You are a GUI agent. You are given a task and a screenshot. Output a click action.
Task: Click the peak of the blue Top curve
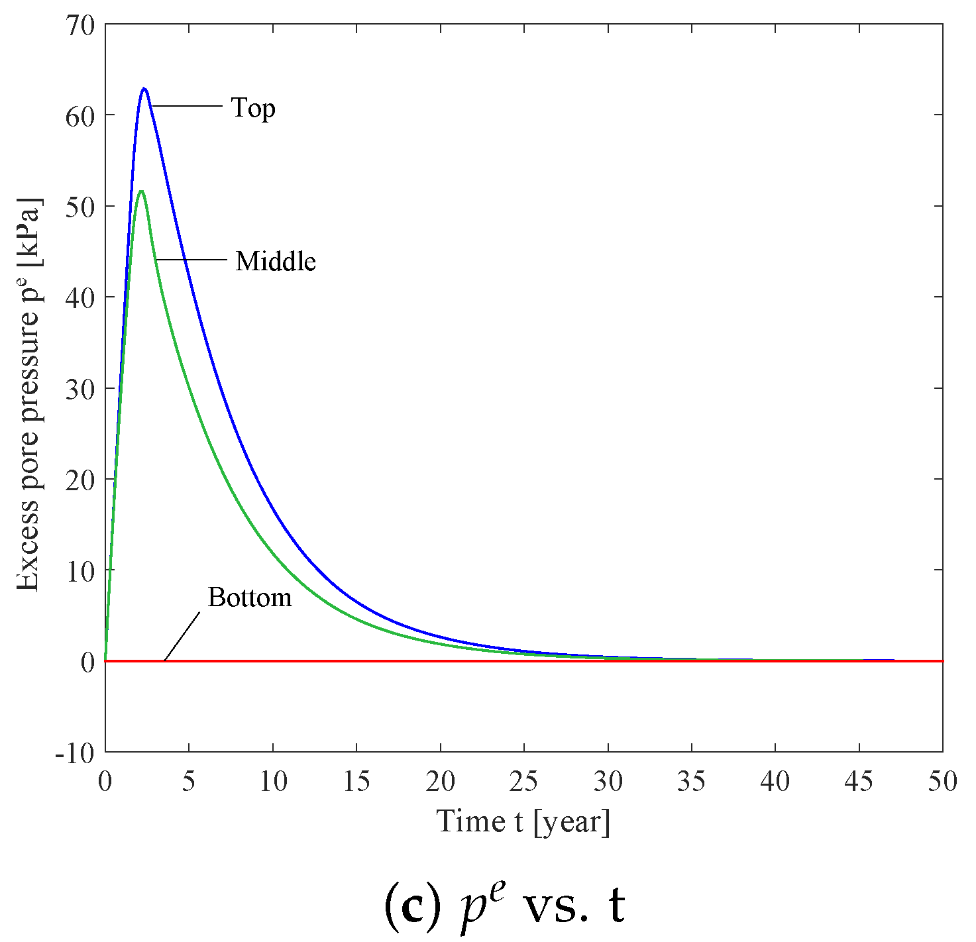point(144,89)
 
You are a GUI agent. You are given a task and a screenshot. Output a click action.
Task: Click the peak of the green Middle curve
point(141,191)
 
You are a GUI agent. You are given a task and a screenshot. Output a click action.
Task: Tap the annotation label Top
point(253,108)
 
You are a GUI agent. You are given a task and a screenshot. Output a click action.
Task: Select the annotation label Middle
point(276,262)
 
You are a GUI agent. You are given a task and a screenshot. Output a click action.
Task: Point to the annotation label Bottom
point(250,598)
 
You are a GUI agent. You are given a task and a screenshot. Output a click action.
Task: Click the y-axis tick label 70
point(81,25)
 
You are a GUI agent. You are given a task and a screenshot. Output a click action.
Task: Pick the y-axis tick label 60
point(81,116)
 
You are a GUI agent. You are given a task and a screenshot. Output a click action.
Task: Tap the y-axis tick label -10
point(76,753)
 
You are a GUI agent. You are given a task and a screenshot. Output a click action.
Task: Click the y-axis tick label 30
point(81,389)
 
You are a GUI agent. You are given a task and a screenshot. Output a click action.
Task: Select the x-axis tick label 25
point(524,782)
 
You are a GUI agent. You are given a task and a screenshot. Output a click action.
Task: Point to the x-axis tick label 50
point(942,782)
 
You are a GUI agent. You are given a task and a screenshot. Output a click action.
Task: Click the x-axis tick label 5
point(189,782)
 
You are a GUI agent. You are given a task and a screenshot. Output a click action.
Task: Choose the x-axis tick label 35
point(691,782)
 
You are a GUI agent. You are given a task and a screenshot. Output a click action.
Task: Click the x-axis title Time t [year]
point(523,821)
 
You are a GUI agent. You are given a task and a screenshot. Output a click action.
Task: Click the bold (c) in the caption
point(412,906)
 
